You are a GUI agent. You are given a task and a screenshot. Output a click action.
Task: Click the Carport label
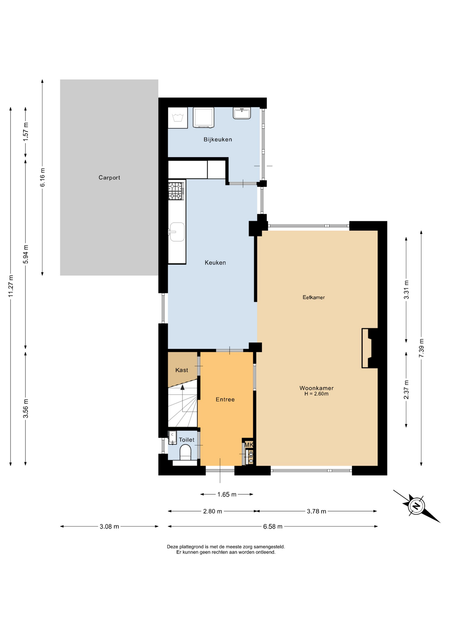(x=109, y=178)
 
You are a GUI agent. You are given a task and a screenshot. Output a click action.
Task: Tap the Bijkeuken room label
(x=218, y=140)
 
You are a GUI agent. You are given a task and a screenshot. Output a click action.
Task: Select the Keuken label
(x=215, y=263)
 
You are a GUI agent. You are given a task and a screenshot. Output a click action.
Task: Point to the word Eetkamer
(x=313, y=298)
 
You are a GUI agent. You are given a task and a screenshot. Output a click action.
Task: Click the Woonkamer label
(x=316, y=388)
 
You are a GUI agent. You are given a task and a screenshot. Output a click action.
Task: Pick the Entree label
(x=225, y=400)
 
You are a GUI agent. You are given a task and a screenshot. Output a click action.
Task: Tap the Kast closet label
(x=182, y=370)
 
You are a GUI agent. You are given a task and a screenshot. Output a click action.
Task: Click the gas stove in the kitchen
(x=176, y=191)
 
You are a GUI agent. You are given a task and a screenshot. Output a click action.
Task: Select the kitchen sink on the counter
(x=177, y=232)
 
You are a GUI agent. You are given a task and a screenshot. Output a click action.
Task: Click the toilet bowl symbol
(x=185, y=452)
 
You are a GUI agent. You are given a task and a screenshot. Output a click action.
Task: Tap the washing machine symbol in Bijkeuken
(x=203, y=118)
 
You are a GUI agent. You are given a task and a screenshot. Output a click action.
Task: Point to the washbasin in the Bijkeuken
(x=242, y=113)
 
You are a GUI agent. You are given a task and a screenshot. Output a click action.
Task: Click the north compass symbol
(x=416, y=506)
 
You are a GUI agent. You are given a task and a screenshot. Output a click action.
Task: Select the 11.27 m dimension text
(x=11, y=286)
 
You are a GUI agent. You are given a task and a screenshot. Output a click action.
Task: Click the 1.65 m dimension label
(x=227, y=495)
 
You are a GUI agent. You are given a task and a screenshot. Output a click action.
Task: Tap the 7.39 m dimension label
(x=421, y=348)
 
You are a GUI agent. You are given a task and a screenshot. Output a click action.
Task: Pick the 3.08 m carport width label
(x=109, y=527)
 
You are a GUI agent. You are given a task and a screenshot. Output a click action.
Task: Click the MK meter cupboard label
(x=249, y=445)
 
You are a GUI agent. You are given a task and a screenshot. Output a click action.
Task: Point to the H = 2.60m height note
(x=316, y=394)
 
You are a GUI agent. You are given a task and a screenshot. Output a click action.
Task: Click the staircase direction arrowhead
(x=183, y=387)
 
